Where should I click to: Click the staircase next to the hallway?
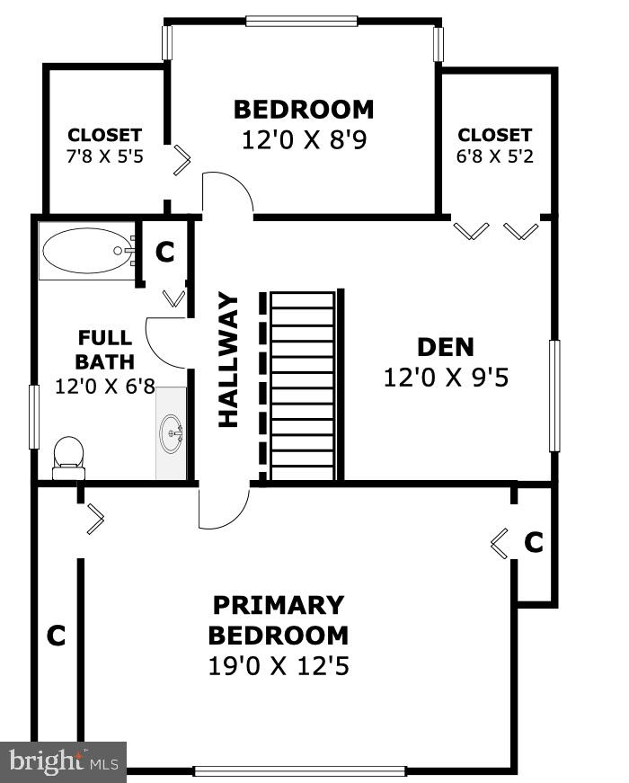click(302, 387)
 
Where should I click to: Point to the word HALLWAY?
click(228, 360)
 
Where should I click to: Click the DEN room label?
click(446, 347)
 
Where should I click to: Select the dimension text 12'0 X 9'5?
click(446, 378)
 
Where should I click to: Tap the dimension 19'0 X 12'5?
click(278, 667)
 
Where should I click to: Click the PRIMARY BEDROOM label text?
click(278, 619)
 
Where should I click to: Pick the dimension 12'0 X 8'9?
click(304, 140)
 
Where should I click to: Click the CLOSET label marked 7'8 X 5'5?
click(104, 136)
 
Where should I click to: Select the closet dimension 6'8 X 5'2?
click(494, 155)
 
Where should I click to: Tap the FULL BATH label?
click(104, 350)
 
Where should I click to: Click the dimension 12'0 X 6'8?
click(104, 387)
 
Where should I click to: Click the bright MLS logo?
click(63, 761)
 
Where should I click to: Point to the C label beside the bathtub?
click(164, 253)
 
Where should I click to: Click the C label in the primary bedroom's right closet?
click(534, 542)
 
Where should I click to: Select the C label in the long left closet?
click(56, 636)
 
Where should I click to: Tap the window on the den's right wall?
click(554, 396)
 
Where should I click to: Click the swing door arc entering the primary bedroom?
click(224, 509)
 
